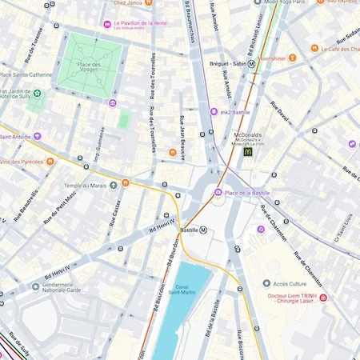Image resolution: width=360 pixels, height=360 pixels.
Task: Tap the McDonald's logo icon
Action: click(248, 150)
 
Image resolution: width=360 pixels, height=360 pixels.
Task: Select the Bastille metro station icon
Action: click(203, 230)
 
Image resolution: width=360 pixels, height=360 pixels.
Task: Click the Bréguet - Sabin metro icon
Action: click(251, 62)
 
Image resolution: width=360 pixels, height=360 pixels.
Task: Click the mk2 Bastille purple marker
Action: click(214, 112)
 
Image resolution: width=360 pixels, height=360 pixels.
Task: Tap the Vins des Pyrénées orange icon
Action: click(50, 162)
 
